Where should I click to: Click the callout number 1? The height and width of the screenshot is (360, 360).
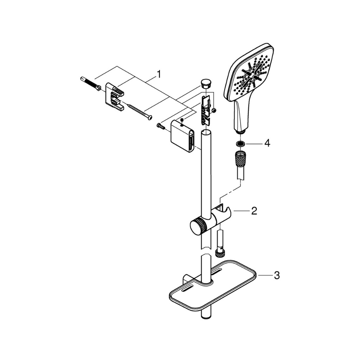pyautogui.click(x=159, y=75)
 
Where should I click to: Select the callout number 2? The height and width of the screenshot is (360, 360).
pyautogui.click(x=254, y=211)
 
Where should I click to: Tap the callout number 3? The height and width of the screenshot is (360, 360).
pyautogui.click(x=277, y=275)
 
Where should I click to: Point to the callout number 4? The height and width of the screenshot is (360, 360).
pyautogui.click(x=267, y=143)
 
